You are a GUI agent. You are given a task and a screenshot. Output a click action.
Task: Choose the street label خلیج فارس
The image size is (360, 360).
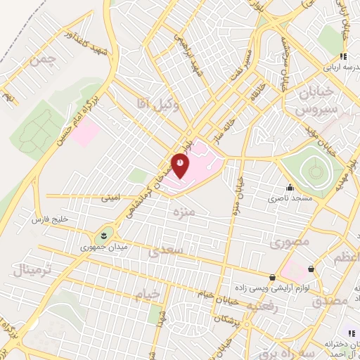[x=51, y=220]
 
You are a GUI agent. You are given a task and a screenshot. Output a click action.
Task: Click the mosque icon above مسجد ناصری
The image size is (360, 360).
[x=289, y=188]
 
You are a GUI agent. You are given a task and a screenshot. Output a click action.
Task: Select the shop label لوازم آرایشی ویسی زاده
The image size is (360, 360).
[x=271, y=289]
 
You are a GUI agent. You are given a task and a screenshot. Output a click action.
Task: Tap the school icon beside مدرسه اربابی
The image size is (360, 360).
[x=343, y=56]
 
